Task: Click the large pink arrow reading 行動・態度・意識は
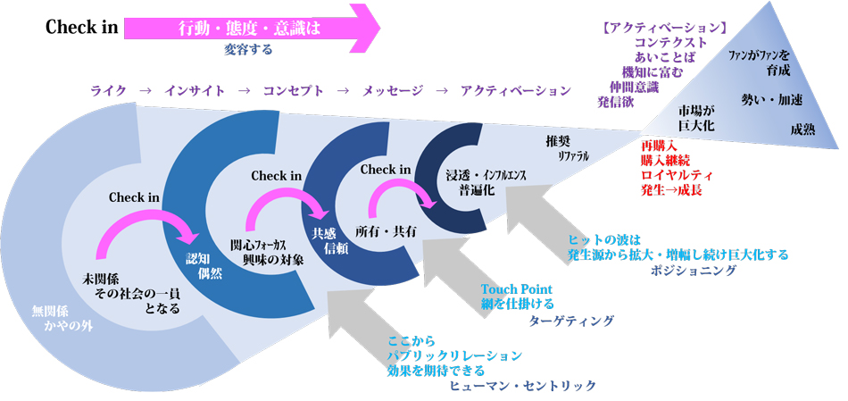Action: [x=250, y=27]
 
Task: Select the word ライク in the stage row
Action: [x=108, y=90]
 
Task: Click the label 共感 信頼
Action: [x=324, y=240]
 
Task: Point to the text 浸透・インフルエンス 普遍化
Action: [x=486, y=182]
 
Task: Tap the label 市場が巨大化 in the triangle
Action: [x=696, y=119]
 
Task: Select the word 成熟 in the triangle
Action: [x=802, y=129]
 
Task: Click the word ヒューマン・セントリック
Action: [x=523, y=385]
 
